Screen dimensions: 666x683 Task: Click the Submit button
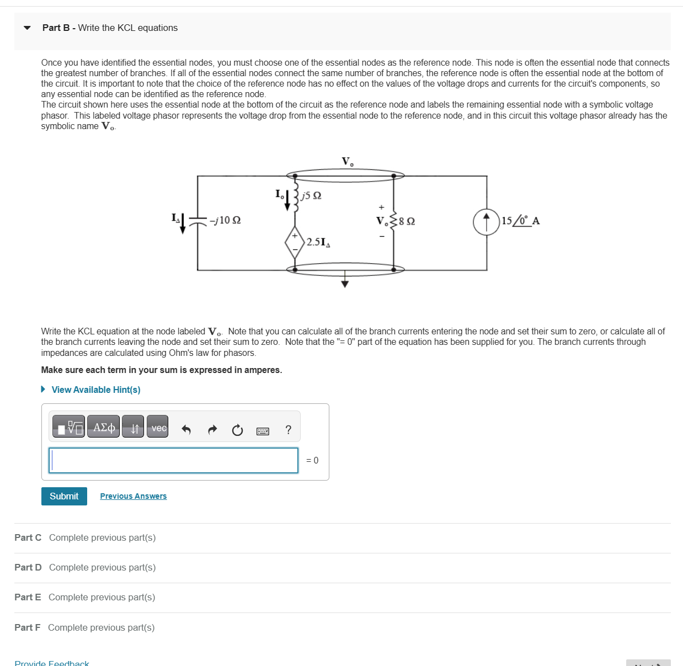(64, 496)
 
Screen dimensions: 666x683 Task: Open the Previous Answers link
(133, 496)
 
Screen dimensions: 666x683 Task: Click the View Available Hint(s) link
(95, 390)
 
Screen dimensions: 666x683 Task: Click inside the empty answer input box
(173, 460)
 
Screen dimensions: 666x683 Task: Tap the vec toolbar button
(158, 428)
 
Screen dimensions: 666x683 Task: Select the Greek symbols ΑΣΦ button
(104, 428)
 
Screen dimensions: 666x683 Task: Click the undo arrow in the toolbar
(186, 430)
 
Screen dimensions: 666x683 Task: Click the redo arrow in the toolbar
(212, 430)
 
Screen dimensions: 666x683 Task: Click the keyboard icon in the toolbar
(263, 431)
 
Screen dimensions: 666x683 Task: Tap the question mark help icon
(288, 430)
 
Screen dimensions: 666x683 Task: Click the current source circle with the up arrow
(486, 222)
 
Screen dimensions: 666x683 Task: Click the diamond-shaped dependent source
(295, 242)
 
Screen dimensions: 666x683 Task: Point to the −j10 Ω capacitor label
(225, 220)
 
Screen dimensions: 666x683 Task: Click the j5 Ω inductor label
(312, 195)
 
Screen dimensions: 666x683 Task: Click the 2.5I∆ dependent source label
(318, 242)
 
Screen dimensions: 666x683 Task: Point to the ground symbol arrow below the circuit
(345, 283)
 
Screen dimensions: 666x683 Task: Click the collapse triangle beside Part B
(27, 28)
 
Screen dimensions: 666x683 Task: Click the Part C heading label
(28, 537)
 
